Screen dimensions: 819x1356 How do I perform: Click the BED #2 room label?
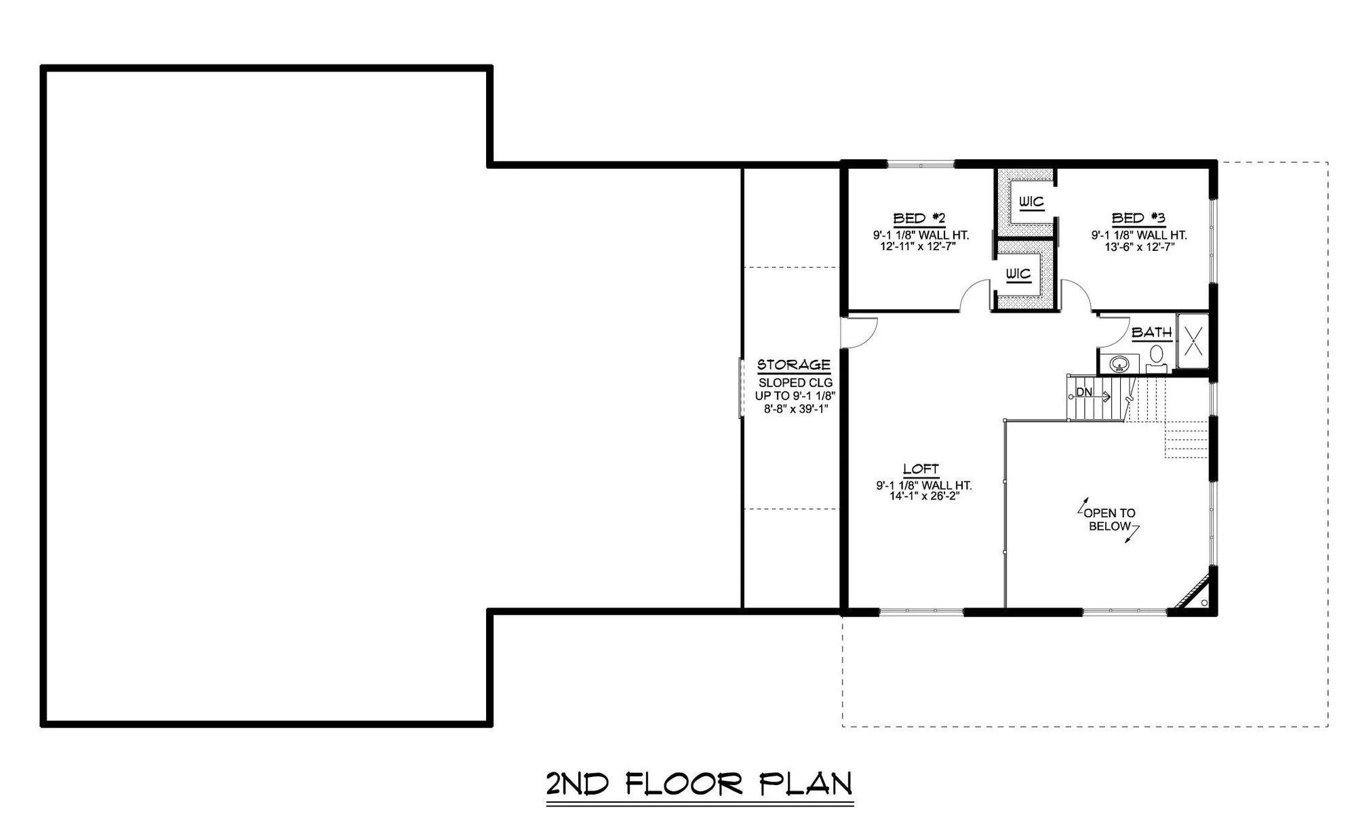[x=919, y=218]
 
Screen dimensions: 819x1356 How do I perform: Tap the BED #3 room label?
[x=1138, y=218]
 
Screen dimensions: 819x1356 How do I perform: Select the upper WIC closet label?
[x=1031, y=202]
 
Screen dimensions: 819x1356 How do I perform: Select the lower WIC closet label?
[x=1018, y=274]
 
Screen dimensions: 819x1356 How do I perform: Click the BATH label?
[x=1151, y=333]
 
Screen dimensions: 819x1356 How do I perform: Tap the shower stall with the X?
[x=1193, y=341]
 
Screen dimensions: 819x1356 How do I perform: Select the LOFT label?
[x=921, y=469]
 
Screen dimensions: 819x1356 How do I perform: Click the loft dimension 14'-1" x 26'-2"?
[x=924, y=496]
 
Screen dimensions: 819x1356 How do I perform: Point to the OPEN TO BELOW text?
[x=1109, y=520]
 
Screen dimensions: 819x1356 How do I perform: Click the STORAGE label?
[x=794, y=365]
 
